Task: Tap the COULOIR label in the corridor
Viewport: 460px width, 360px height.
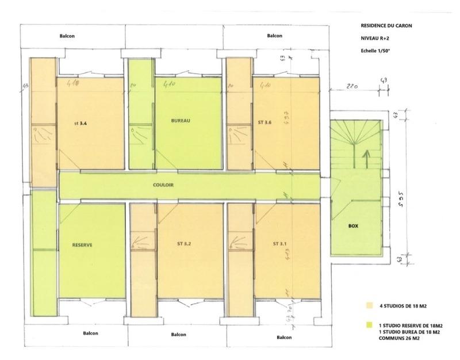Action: (x=164, y=185)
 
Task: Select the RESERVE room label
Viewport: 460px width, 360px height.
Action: (x=83, y=244)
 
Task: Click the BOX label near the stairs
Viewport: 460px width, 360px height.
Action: (x=353, y=226)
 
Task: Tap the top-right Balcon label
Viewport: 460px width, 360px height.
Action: (x=275, y=36)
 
